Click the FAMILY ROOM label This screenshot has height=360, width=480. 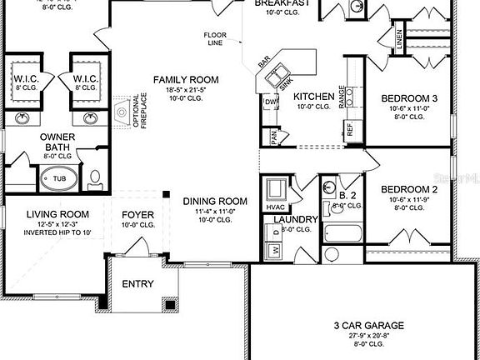click(185, 80)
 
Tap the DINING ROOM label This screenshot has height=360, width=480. click(215, 201)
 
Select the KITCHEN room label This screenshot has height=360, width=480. click(314, 97)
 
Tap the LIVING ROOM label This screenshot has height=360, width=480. click(57, 214)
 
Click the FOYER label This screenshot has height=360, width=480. click(137, 214)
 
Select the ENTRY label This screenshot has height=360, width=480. click(137, 284)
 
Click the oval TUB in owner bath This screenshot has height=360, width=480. click(59, 178)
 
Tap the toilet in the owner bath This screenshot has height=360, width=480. click(94, 177)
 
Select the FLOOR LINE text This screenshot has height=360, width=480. click(216, 39)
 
